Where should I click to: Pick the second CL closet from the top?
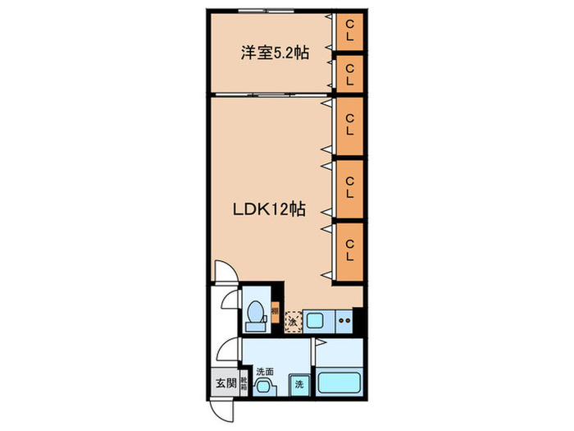coord(349,75)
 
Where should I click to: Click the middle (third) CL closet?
coord(349,124)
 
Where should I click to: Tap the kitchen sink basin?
coord(316,320)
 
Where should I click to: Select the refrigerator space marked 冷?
coord(293,321)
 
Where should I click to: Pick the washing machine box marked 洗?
coord(299,385)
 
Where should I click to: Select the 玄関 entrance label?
coord(224,383)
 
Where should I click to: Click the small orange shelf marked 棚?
coord(276,312)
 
